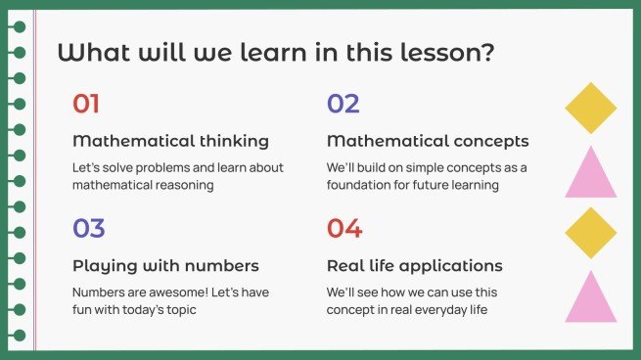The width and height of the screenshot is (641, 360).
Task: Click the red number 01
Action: click(x=86, y=104)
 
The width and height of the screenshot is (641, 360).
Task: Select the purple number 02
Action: click(x=343, y=104)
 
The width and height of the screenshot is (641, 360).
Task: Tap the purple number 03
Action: click(x=88, y=229)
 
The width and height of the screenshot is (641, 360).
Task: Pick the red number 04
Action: click(x=343, y=229)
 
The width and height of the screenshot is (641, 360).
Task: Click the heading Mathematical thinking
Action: click(x=170, y=141)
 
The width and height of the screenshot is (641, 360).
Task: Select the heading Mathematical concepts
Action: click(x=428, y=141)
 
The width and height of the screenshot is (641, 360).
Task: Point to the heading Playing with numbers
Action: click(x=165, y=266)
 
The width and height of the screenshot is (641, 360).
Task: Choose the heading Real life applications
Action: click(x=415, y=266)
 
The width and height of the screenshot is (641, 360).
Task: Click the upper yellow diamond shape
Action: click(x=591, y=108)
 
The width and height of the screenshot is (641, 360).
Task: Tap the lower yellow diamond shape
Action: click(x=591, y=233)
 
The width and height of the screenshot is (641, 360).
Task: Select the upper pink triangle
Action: click(x=591, y=175)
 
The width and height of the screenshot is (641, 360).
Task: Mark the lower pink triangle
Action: click(x=591, y=299)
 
